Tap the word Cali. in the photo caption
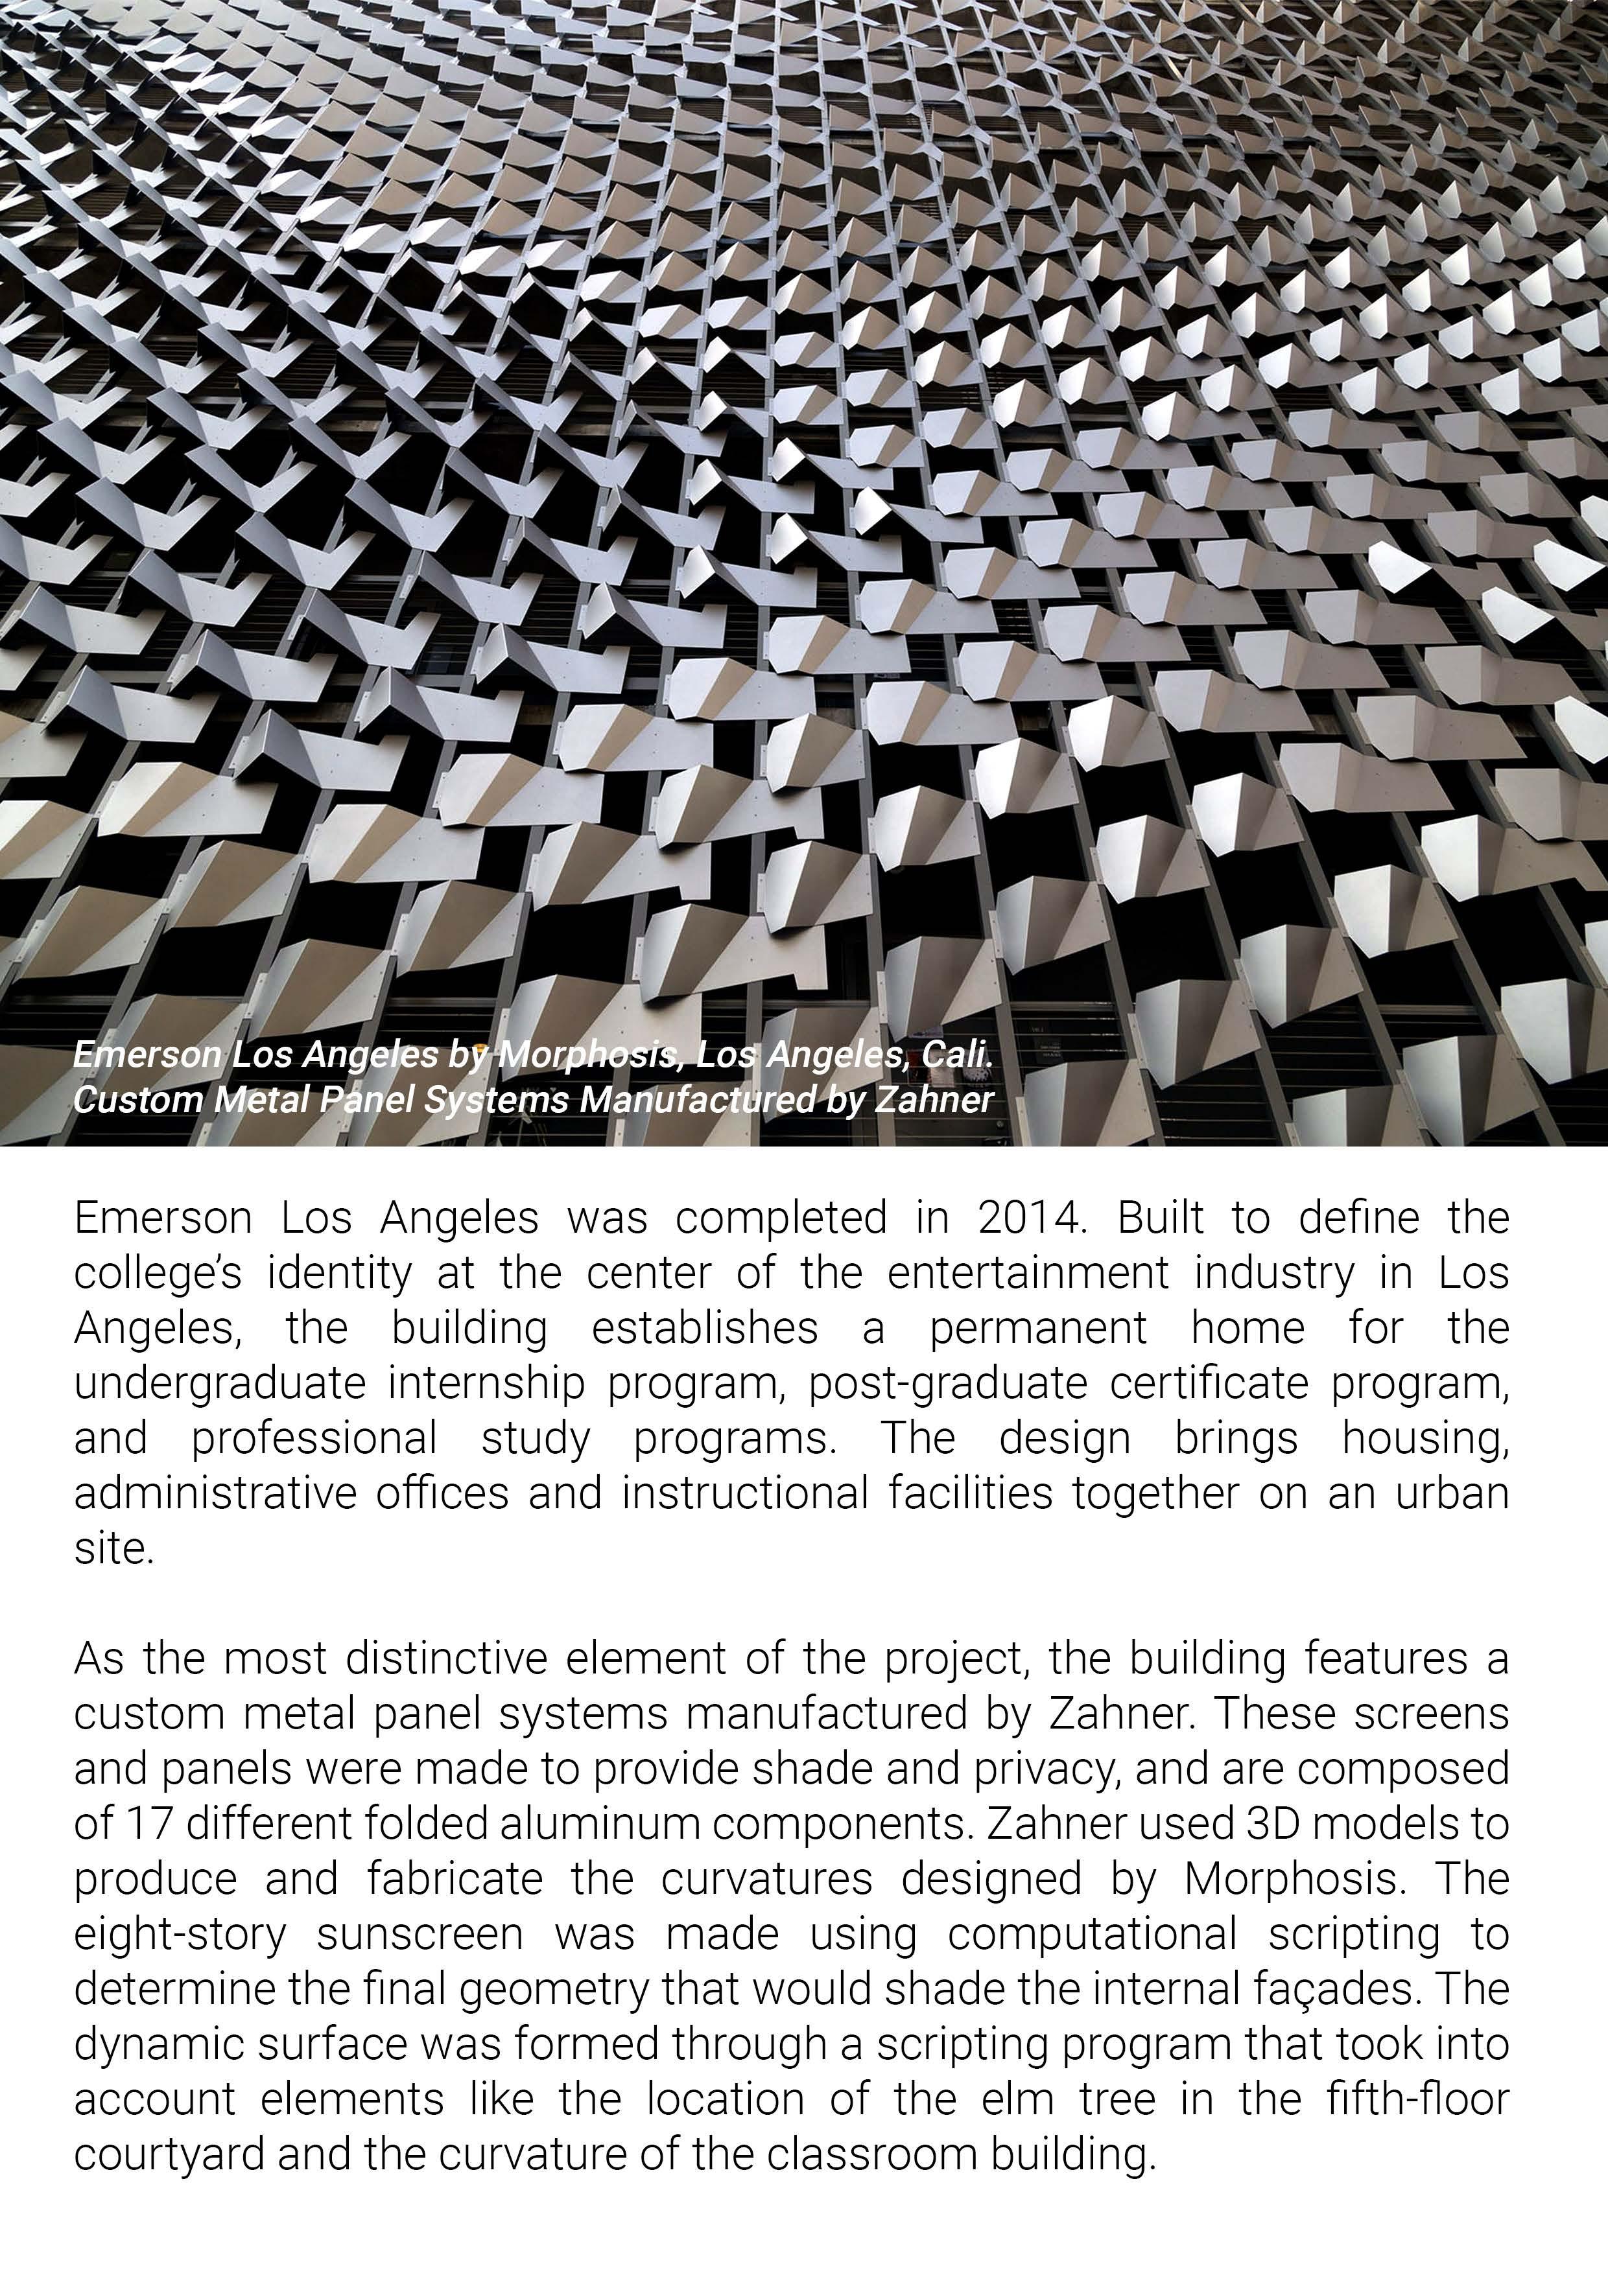pos(956,1055)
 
